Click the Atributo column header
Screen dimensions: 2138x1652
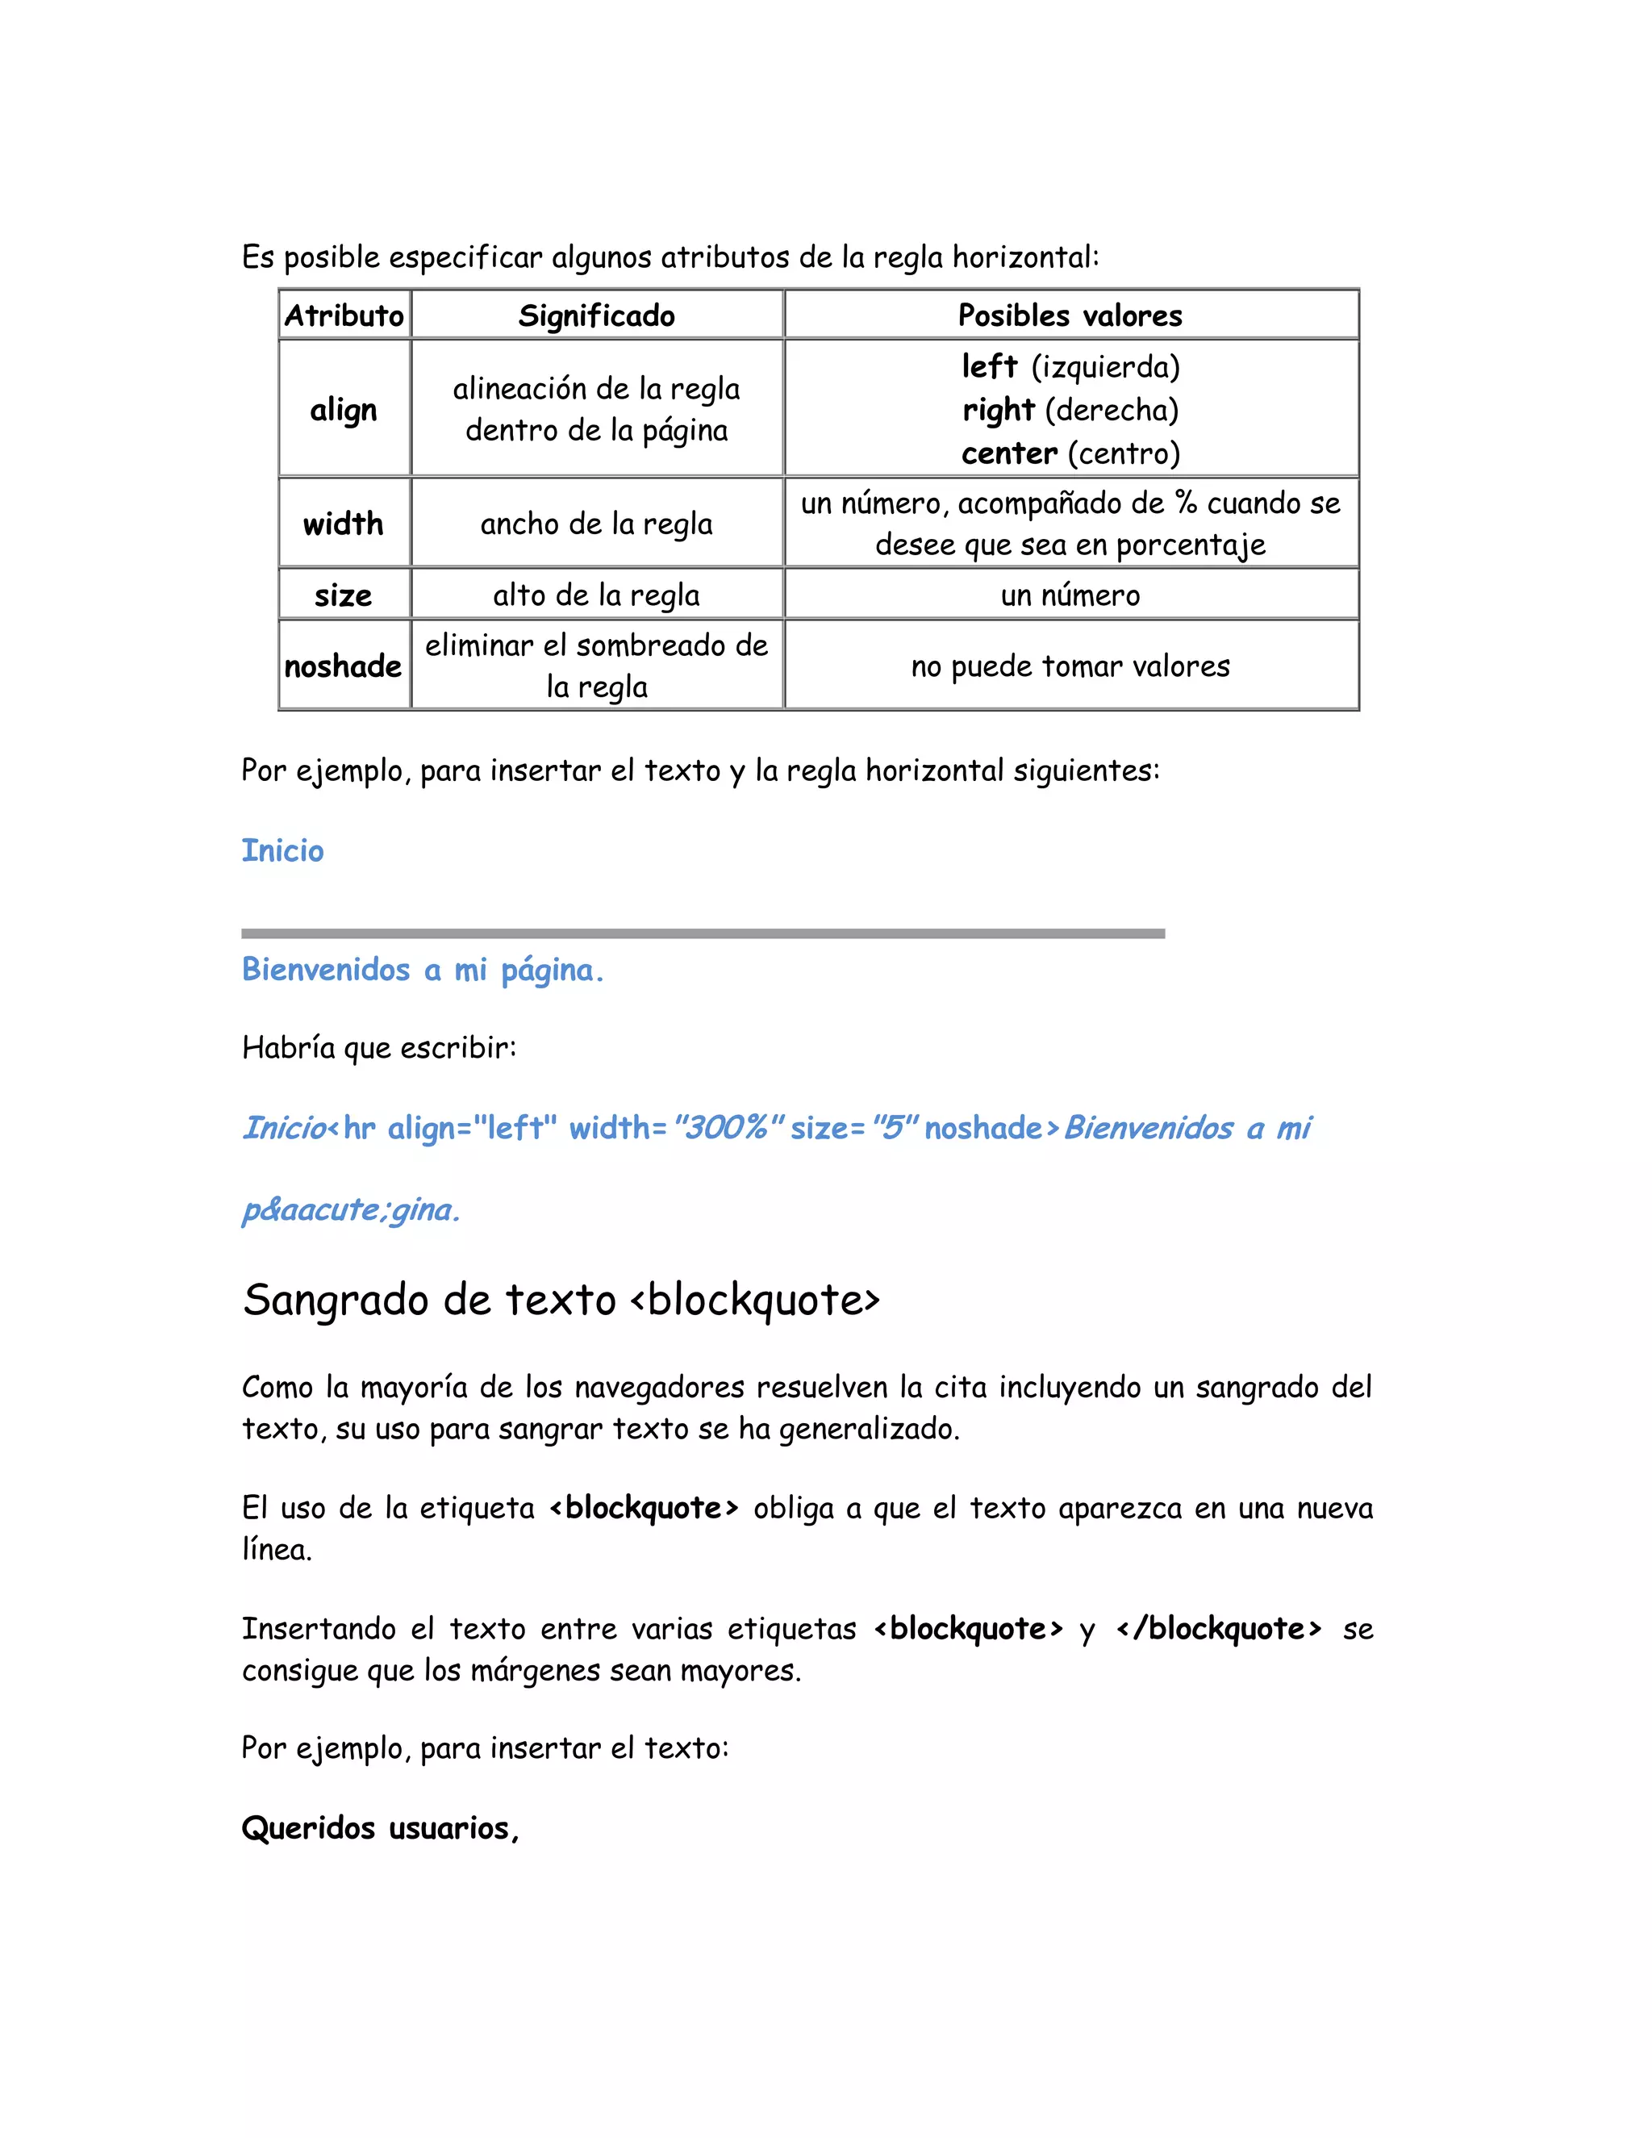344,315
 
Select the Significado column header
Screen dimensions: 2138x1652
596,315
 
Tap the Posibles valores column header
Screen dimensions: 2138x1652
1070,315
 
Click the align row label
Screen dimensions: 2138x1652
344,409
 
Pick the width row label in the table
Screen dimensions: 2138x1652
344,524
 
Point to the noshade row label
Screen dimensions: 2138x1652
344,666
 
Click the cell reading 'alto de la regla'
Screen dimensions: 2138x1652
596,595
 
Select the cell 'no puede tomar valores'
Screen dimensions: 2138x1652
1070,666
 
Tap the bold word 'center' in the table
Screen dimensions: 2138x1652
1009,453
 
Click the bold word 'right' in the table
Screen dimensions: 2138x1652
999,409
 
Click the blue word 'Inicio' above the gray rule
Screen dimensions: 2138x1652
283,850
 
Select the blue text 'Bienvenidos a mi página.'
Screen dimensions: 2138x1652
423,970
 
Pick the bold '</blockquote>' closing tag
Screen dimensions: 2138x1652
1220,1629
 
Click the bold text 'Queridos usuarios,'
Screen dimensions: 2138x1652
380,1827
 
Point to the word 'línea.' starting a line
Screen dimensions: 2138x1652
277,1550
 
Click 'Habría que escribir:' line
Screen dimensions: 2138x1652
379,1047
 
